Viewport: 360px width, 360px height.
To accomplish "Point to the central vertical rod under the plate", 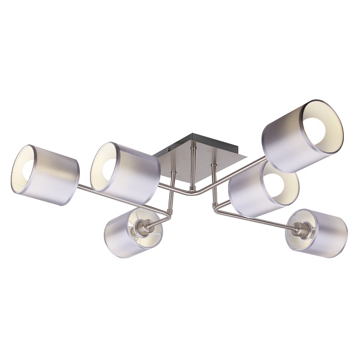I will pos(193,171).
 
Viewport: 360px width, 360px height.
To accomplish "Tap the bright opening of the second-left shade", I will pos(106,165).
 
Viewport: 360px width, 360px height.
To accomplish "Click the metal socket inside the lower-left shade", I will pos(143,226).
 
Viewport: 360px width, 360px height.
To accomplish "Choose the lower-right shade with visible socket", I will pos(318,233).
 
